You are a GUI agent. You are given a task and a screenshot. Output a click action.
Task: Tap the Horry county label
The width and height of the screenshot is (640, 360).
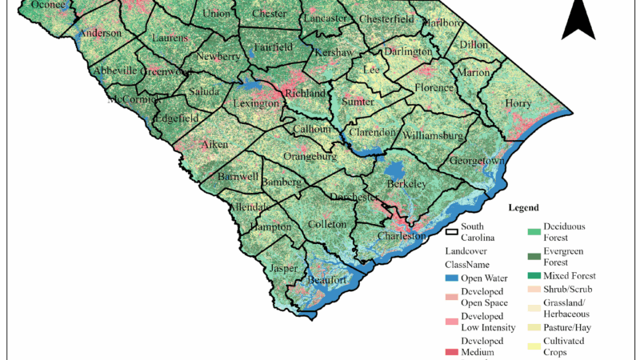(x=518, y=102)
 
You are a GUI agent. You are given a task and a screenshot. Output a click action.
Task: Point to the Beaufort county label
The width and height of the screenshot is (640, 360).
(x=327, y=281)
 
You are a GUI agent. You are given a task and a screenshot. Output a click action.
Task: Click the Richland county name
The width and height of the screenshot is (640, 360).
(x=306, y=93)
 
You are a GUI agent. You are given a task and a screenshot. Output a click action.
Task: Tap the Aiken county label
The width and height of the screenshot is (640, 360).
(x=214, y=145)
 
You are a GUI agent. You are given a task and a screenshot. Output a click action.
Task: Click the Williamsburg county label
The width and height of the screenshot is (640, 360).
(x=433, y=135)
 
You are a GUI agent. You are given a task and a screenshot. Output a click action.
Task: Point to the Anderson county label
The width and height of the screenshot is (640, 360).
(x=100, y=34)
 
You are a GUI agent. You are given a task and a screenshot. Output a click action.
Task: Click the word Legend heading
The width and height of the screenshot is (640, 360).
(x=535, y=207)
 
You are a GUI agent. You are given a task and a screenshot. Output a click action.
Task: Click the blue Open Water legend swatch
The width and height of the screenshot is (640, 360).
(x=452, y=278)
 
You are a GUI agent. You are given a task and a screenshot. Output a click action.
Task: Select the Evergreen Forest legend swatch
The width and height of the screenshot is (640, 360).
(x=532, y=257)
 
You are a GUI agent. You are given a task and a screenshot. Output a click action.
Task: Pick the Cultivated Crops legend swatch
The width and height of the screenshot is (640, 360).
(x=532, y=346)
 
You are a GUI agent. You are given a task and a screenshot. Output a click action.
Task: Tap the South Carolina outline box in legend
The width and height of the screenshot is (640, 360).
(x=452, y=232)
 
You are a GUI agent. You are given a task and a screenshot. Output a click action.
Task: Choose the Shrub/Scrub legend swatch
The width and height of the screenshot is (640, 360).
(x=532, y=290)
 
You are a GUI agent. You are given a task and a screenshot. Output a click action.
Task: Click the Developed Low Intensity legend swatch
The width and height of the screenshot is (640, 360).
(x=452, y=322)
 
